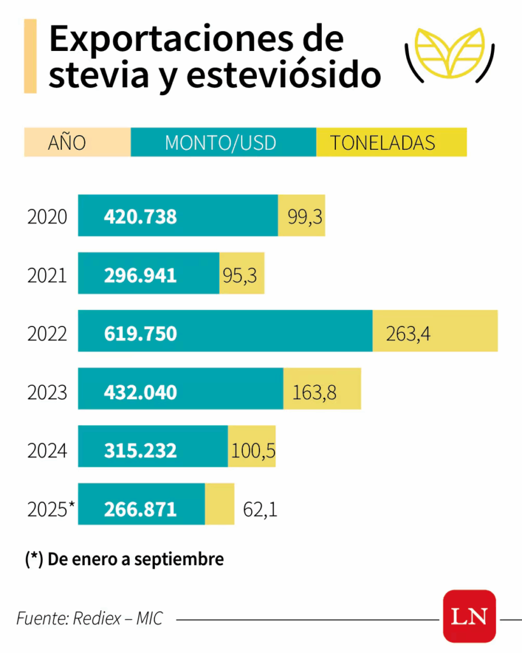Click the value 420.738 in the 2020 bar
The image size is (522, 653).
pos(140,217)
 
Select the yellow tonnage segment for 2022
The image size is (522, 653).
pos(435,331)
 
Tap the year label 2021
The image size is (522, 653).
pos(47,275)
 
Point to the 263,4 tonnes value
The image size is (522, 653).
pos(408,333)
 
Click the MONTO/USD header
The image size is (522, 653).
pos(221,142)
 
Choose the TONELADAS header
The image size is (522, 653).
pos(382,142)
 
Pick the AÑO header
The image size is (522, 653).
pos(67,142)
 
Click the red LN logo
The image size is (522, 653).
pos(470,616)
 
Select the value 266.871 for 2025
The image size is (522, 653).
pos(140,509)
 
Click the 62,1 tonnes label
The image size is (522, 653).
pos(261,510)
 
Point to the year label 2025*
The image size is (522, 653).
pos(51,509)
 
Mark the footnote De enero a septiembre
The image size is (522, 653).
pos(125,559)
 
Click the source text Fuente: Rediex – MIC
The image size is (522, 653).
pos(89,618)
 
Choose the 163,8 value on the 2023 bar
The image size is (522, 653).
pos(314,392)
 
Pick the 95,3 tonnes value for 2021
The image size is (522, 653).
pos(240,275)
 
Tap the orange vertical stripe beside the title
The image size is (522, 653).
pos(30,55)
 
